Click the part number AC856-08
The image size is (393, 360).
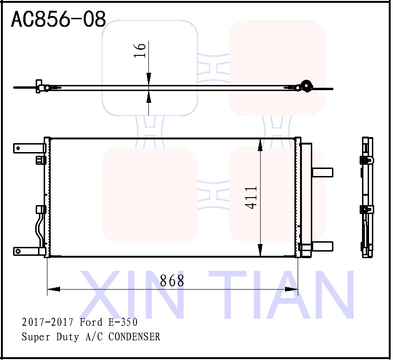click(x=58, y=20)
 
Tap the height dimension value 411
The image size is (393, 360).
click(x=251, y=197)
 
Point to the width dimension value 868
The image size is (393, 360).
click(x=172, y=281)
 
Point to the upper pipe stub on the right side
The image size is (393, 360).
click(x=322, y=172)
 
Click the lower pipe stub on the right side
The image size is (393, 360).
click(x=322, y=246)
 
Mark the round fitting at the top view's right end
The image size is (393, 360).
click(x=307, y=86)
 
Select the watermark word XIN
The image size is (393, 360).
click(x=132, y=295)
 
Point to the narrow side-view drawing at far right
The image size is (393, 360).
click(x=367, y=197)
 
